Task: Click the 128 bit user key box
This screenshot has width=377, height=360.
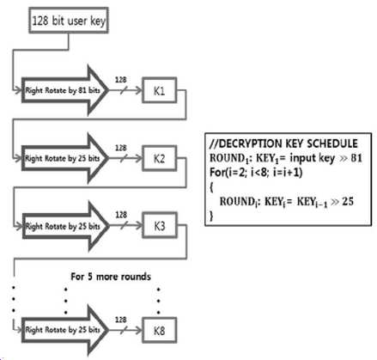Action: [x=69, y=21]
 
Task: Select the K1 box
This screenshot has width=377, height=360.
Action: [x=160, y=90]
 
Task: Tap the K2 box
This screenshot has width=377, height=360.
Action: [x=160, y=158]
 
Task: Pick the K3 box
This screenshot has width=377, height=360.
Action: [x=160, y=226]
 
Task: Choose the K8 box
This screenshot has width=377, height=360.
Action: [x=160, y=330]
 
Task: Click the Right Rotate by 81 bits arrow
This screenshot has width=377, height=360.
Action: [x=65, y=90]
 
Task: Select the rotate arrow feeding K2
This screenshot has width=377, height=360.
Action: [x=65, y=158]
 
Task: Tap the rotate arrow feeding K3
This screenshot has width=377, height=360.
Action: [x=65, y=226]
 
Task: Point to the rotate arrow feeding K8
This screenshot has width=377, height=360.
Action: [x=65, y=330]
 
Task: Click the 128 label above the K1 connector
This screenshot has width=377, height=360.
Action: [x=121, y=80]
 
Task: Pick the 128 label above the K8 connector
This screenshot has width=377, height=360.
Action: [x=121, y=320]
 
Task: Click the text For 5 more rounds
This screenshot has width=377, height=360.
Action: [x=111, y=277]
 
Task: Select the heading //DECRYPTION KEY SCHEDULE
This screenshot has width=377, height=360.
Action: [x=283, y=143]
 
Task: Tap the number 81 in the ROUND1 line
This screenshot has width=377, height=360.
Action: [x=356, y=158]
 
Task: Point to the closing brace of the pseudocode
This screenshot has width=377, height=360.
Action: [x=211, y=216]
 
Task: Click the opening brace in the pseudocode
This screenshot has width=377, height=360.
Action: [x=211, y=187]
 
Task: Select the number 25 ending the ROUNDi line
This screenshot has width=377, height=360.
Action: [x=348, y=201]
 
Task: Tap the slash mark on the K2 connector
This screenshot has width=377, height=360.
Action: [x=124, y=158]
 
